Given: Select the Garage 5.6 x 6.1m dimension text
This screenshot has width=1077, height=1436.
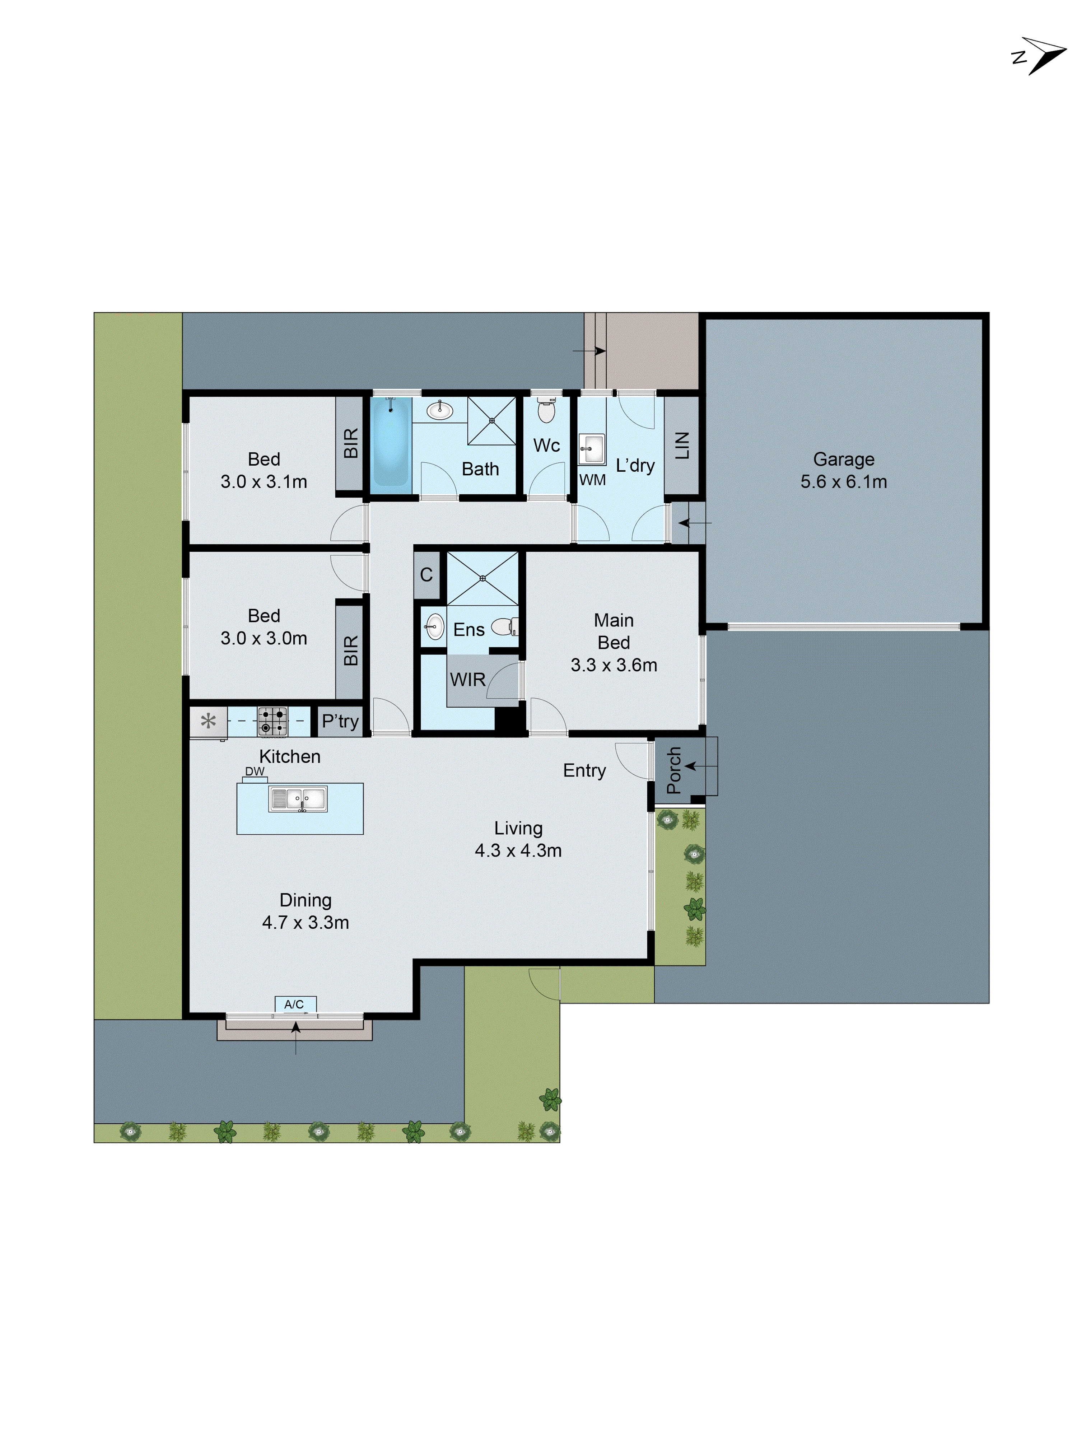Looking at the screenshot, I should coord(843,482).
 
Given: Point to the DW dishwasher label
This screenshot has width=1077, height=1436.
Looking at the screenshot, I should coord(255,771).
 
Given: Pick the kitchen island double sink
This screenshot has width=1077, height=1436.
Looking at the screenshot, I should coord(298,799).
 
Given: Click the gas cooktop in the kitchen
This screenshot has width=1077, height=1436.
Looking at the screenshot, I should coord(272,721).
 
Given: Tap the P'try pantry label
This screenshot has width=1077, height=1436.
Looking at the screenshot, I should coord(340,721).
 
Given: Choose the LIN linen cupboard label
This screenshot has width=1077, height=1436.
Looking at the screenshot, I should coord(682,446).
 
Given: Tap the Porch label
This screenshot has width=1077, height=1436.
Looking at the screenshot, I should coord(674,770).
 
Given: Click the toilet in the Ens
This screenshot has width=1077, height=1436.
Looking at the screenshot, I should coord(504,626).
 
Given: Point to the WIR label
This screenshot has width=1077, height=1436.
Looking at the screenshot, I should coord(467,680).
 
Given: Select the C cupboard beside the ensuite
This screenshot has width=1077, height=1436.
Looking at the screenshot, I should coord(426,574).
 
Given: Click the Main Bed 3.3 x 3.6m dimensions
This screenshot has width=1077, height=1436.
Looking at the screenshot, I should coord(614,665).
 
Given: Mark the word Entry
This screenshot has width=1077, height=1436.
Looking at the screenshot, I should coord(584,770).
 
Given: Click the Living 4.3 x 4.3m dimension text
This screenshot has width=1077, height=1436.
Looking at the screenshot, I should coord(518,850).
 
